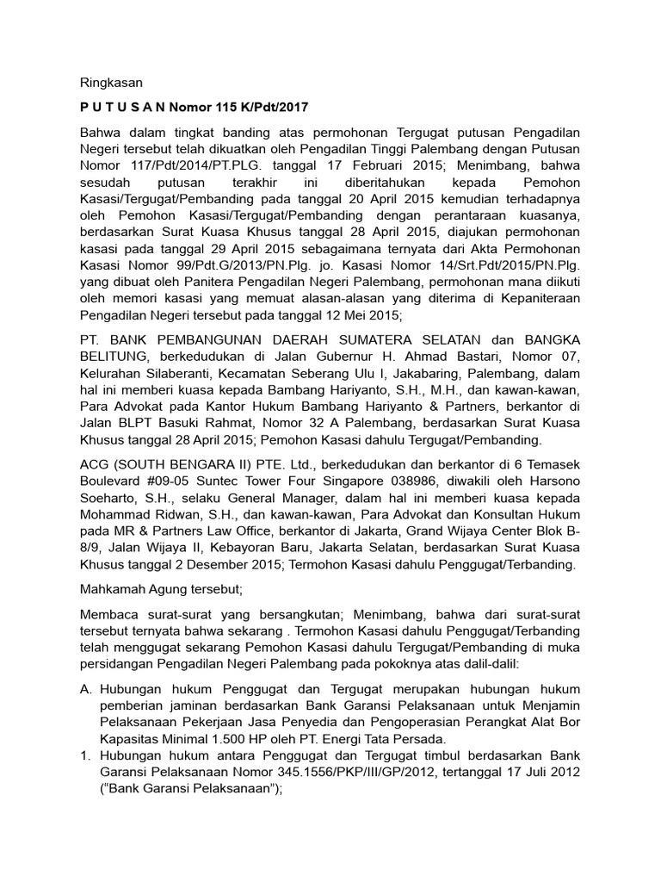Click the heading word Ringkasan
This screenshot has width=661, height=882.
pos(109,83)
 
